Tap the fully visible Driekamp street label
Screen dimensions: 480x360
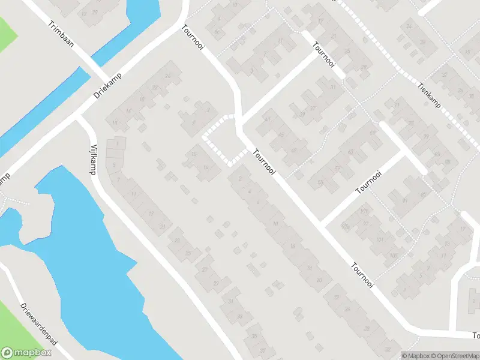pos(108,85)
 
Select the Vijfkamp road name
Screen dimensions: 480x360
pos(94,158)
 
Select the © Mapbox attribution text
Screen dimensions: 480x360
pos(415,355)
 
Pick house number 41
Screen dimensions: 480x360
pos(268,119)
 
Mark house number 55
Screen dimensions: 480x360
pos(320,182)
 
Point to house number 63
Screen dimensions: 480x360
pos(350,151)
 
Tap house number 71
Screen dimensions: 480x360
pos(397,106)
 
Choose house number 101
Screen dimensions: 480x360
pos(379,240)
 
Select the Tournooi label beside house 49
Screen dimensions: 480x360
pos(264,163)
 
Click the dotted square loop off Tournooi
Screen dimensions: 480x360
pos(221,139)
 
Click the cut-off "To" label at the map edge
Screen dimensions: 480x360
pos(475,335)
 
